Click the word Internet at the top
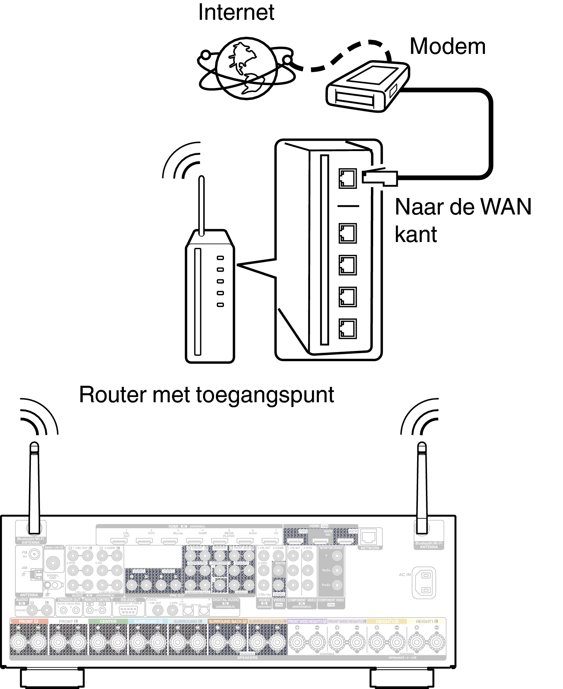coord(236,12)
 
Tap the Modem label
coord(448,47)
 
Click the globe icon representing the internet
coord(246,68)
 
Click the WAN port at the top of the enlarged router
coord(347,179)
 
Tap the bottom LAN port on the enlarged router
coord(347,329)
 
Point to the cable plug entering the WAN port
coord(380,178)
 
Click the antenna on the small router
coord(201,205)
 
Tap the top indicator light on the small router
coord(220,258)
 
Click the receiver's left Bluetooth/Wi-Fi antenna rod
coord(34,488)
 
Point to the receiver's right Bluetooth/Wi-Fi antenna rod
coord(422,488)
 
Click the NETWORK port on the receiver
coord(368,538)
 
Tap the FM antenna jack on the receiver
coord(34,554)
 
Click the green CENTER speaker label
coord(108,622)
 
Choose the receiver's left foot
coord(52,678)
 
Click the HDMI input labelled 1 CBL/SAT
coord(119,541)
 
